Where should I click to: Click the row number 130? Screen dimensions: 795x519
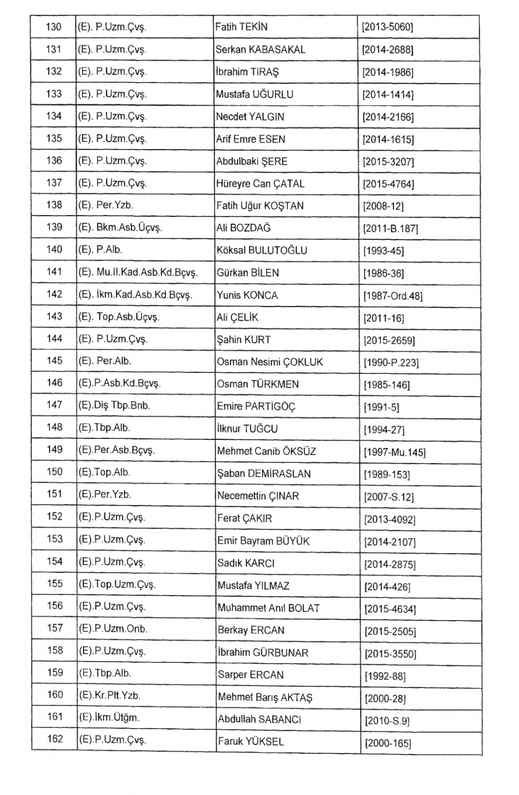[53, 27]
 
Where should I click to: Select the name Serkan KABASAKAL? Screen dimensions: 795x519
[260, 50]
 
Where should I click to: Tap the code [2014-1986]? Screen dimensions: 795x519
[388, 73]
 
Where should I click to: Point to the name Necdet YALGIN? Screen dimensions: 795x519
[250, 117]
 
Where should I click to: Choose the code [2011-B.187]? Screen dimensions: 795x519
[390, 228]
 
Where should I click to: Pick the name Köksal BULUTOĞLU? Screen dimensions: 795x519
[262, 250]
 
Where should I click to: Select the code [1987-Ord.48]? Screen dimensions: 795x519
[393, 296]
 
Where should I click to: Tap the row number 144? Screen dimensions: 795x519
[54, 339]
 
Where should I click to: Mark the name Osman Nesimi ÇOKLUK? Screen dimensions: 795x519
[270, 362]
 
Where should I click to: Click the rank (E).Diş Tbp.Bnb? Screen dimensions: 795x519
[114, 406]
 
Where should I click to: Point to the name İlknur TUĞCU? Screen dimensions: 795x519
[247, 429]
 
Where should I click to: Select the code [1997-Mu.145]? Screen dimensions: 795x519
[394, 452]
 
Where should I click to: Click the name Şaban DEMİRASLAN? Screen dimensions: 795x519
[264, 474]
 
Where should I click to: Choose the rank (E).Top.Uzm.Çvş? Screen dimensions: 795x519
[117, 584]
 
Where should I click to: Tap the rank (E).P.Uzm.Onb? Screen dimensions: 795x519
[113, 629]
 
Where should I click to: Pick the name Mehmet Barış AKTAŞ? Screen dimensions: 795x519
[265, 697]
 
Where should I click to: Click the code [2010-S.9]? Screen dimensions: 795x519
[387, 721]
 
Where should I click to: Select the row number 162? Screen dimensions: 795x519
[55, 739]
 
